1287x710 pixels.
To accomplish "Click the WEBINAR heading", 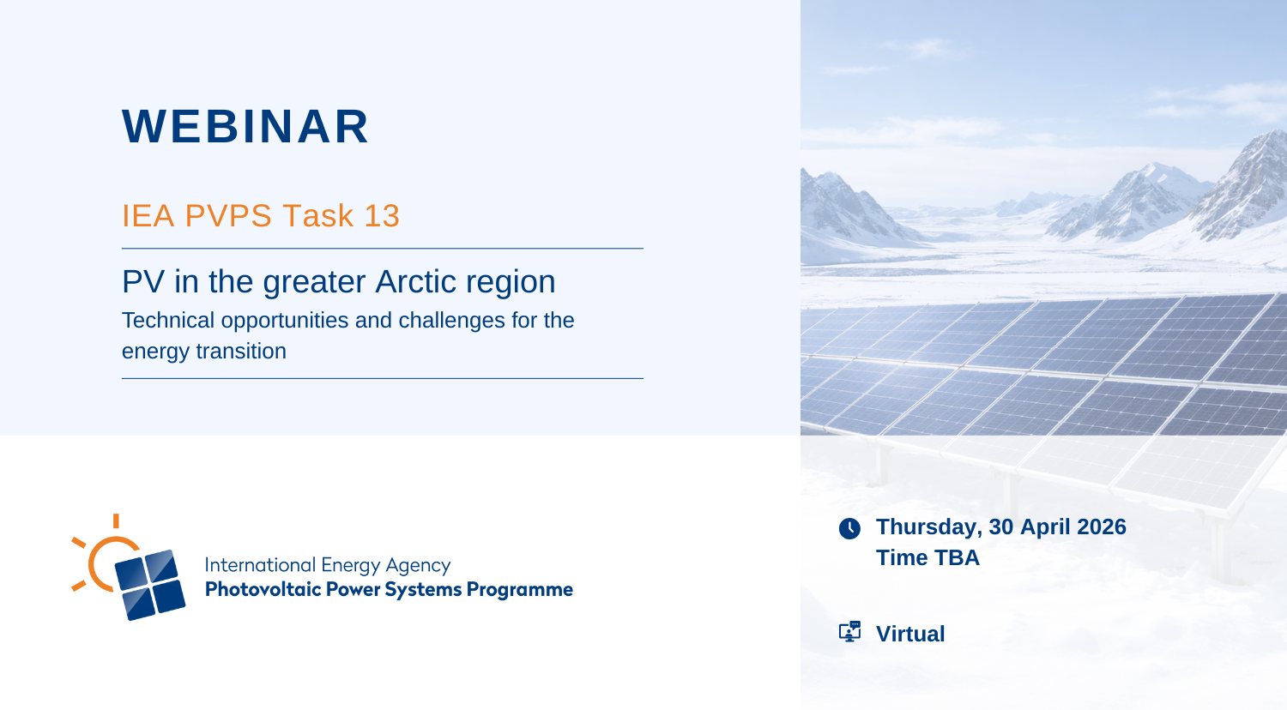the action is coord(245,126).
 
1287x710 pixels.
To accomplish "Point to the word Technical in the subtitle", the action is coord(168,320).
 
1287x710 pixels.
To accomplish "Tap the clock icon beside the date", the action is coord(849,528).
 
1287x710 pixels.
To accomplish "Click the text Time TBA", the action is coord(927,557).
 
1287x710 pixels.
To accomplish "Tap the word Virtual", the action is coord(910,635).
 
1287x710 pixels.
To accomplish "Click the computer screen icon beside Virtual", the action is coord(849,631).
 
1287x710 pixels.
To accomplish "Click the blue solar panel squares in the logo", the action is coord(150,585).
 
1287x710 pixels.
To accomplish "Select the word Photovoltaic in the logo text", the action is coord(263,589).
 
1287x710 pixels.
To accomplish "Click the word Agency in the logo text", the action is coord(418,566).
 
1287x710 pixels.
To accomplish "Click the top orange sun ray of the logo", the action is coord(116,520).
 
